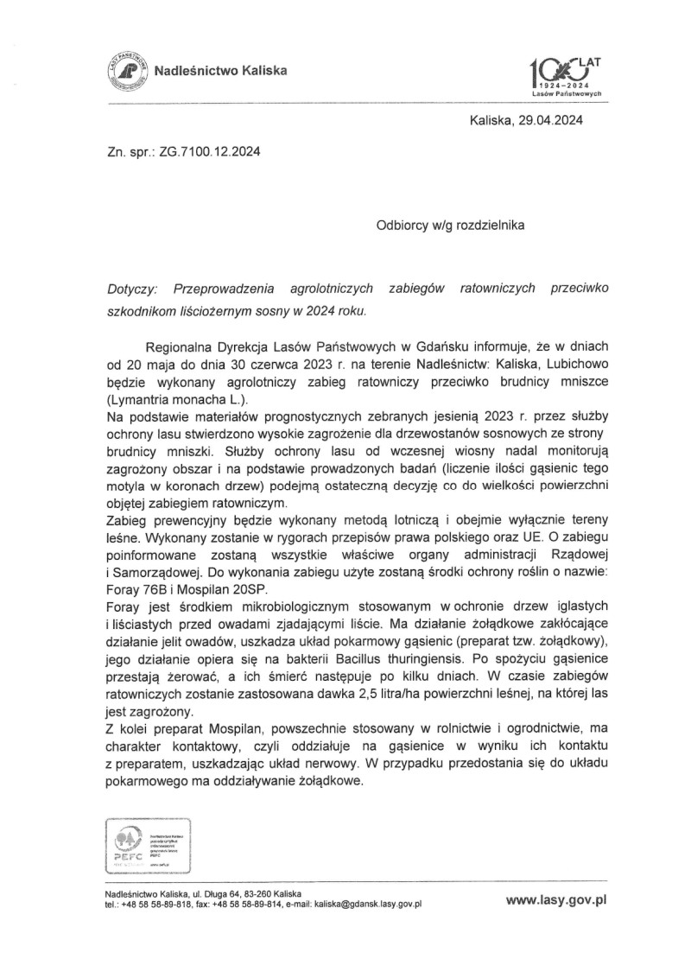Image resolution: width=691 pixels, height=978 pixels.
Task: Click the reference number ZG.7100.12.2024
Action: tap(210, 152)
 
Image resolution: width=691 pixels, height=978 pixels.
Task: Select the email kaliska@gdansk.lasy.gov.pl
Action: tap(367, 904)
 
